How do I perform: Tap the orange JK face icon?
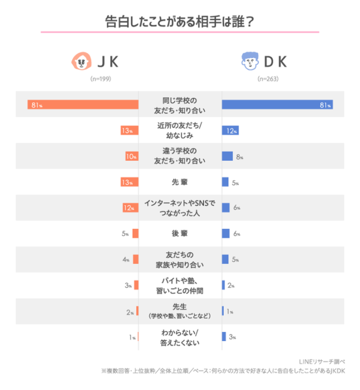point(81,61)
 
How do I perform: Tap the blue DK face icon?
point(250,61)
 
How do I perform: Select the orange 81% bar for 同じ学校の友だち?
point(83,105)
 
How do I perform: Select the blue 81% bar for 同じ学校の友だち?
point(277,105)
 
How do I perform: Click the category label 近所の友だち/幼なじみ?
point(180,130)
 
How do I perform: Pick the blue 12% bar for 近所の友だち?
point(230,131)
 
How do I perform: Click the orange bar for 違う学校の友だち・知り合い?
point(132,157)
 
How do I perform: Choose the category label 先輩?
point(180,182)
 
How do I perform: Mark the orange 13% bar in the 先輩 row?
point(129,182)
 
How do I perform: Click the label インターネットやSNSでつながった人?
point(180,208)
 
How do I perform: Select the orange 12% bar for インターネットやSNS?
point(130,208)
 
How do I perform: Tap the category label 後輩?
point(180,233)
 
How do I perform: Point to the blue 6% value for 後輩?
point(236,234)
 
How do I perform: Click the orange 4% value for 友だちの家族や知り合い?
point(127,260)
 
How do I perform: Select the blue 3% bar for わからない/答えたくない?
point(224,337)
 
